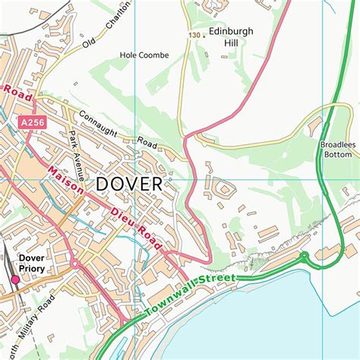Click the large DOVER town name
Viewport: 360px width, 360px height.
[129, 184]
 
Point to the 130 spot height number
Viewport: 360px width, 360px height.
[194, 35]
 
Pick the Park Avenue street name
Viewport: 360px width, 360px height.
[74, 148]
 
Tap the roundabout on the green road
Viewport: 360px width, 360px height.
[304, 256]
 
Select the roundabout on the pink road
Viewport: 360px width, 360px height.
[76, 264]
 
